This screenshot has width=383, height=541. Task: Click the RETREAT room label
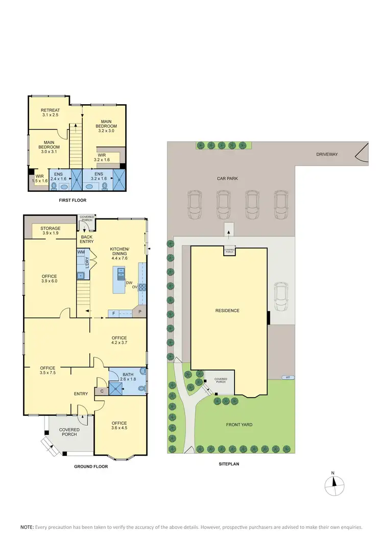51,113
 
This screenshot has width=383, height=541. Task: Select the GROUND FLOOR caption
91,466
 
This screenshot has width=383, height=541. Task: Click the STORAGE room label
51,231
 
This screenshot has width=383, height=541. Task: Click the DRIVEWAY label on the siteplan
326,154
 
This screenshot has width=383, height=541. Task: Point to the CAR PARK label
227,179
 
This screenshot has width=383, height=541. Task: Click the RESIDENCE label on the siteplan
227,310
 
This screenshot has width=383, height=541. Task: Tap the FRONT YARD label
240,425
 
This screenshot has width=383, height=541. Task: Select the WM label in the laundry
81,253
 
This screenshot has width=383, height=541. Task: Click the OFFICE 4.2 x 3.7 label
119,340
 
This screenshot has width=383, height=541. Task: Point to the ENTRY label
81,394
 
